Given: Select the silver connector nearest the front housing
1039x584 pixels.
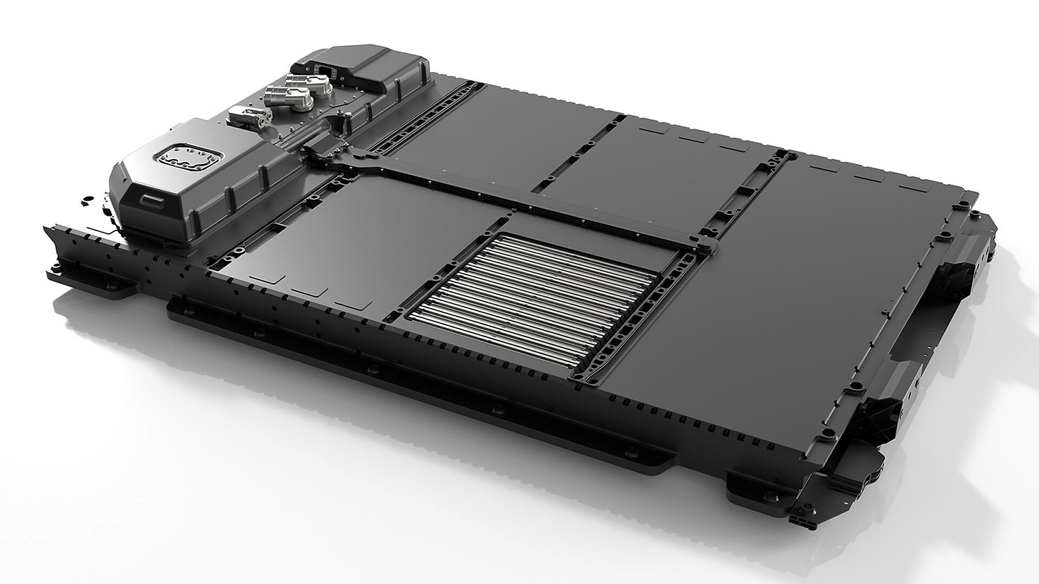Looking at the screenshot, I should tap(247, 116).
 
